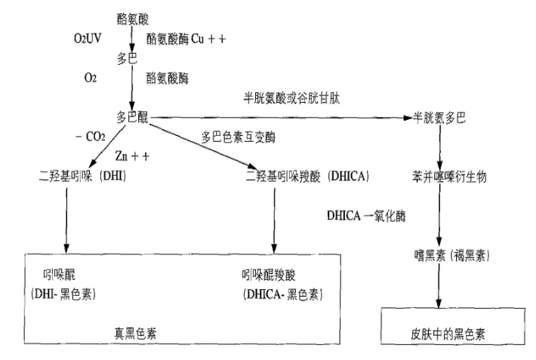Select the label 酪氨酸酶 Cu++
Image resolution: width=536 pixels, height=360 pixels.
coord(181,37)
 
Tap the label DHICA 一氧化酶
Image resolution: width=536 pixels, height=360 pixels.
coord(367,215)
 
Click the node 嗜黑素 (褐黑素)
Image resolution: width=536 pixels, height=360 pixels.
coord(447,256)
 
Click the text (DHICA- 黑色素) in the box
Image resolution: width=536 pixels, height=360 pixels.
coord(280,294)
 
